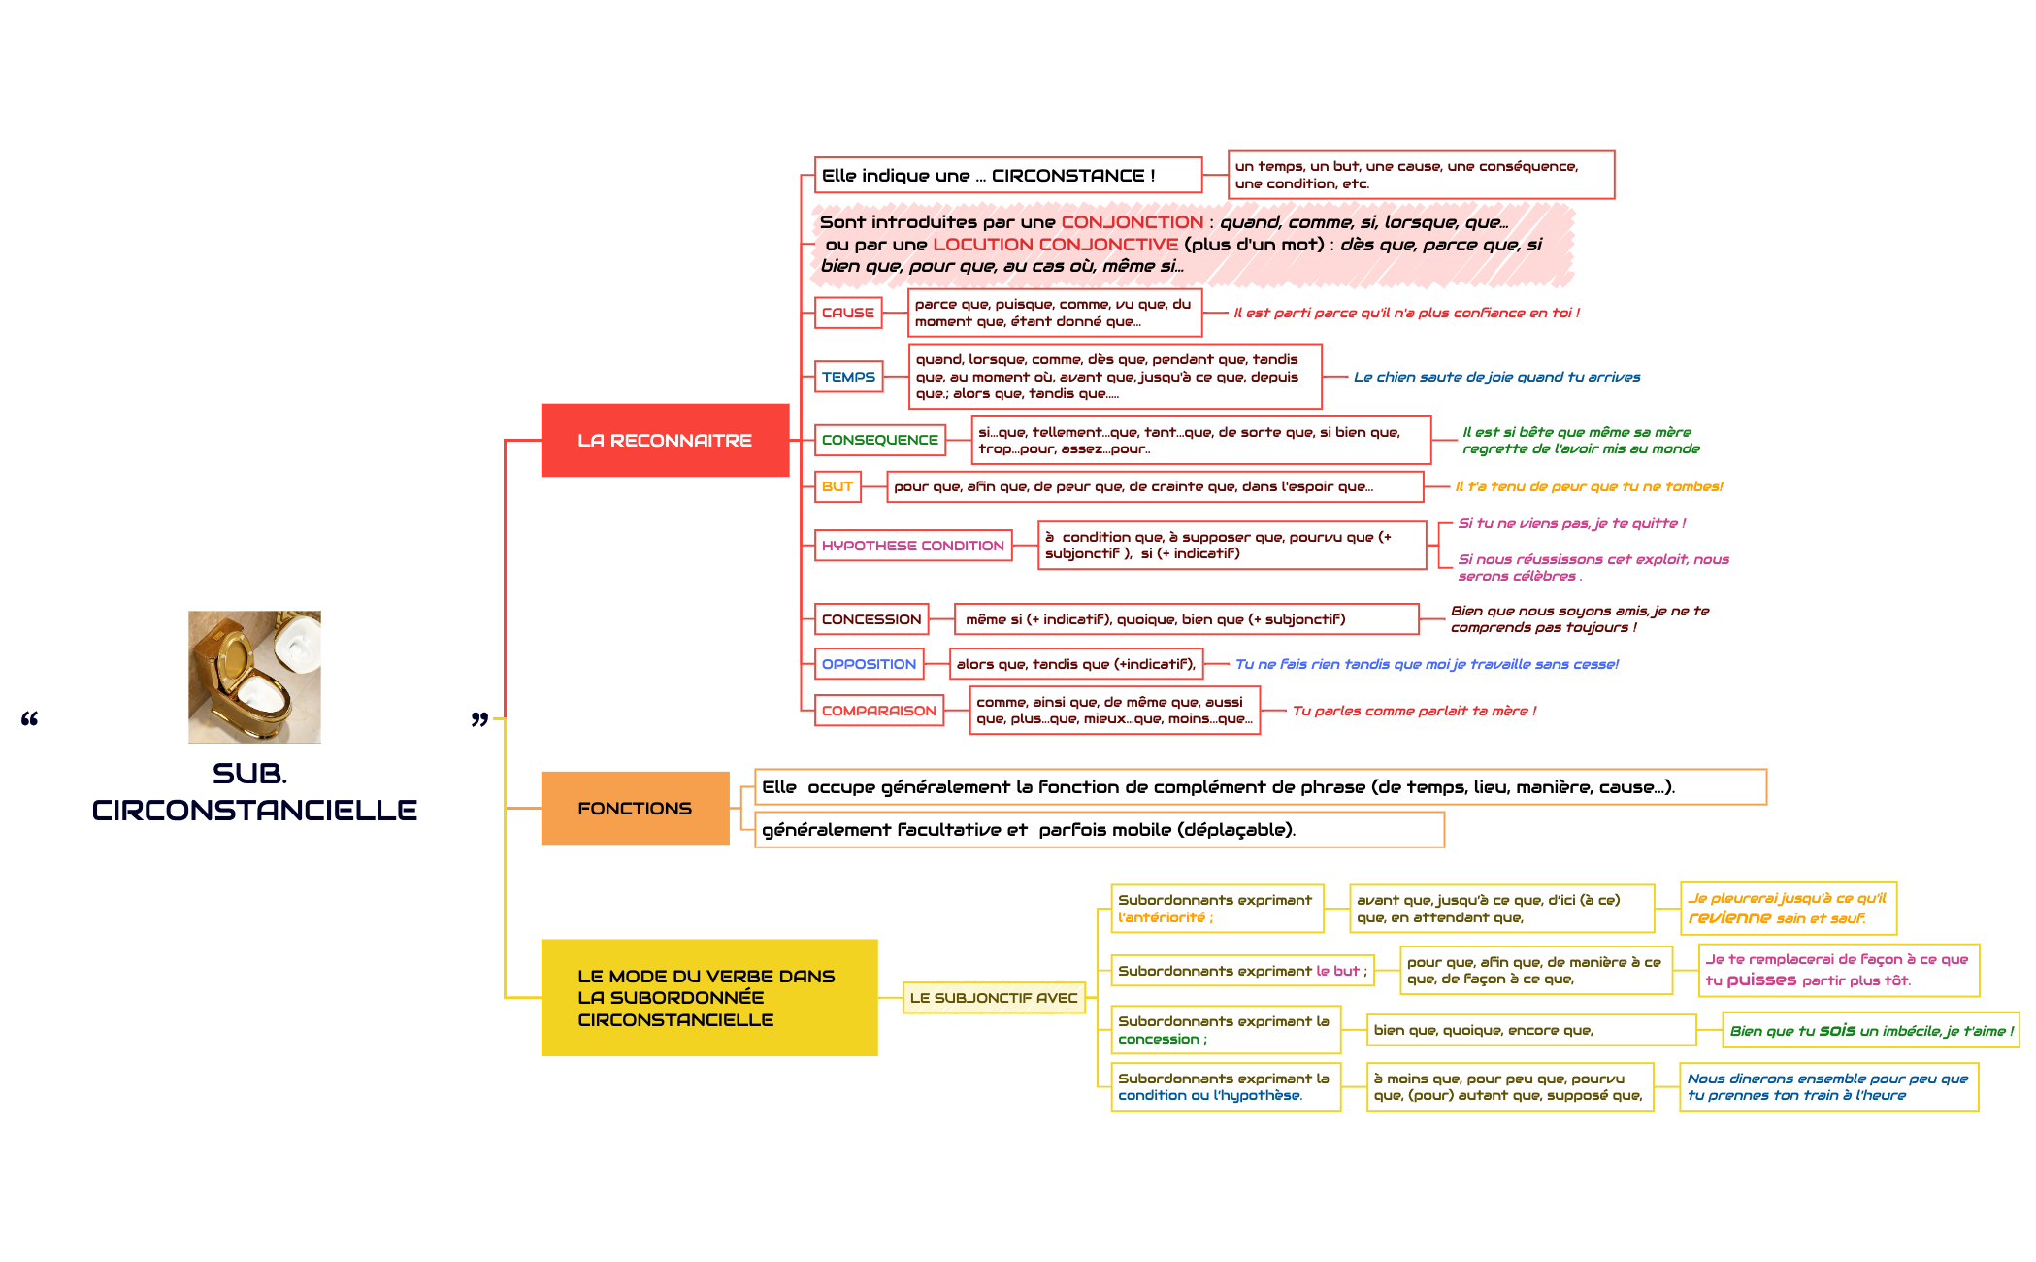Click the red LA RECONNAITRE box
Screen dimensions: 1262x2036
click(x=665, y=440)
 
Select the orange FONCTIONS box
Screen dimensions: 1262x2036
click(x=635, y=808)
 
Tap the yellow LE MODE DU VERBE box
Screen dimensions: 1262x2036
click(x=708, y=997)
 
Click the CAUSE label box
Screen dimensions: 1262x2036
click(x=847, y=313)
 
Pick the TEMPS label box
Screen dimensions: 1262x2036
click(x=848, y=377)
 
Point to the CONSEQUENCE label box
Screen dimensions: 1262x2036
click(x=879, y=440)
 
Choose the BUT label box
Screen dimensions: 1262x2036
click(x=837, y=486)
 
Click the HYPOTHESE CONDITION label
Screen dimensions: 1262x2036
click(x=912, y=546)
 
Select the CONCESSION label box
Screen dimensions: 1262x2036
click(x=870, y=619)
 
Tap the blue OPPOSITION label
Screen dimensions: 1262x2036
click(x=869, y=664)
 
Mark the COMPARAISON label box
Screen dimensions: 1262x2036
click(x=878, y=711)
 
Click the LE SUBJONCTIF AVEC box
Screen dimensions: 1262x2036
click(x=993, y=998)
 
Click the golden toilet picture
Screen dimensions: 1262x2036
click(x=254, y=677)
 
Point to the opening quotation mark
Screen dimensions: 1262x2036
click(x=30, y=719)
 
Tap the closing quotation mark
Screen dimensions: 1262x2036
click(x=479, y=719)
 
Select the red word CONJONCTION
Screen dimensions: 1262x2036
click(x=1132, y=222)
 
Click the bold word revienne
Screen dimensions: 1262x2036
click(x=1729, y=918)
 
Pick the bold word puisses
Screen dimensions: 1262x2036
click(x=1761, y=980)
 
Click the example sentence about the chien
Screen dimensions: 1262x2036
click(x=1496, y=377)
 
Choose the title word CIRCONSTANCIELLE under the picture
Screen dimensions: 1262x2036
click(x=254, y=811)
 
